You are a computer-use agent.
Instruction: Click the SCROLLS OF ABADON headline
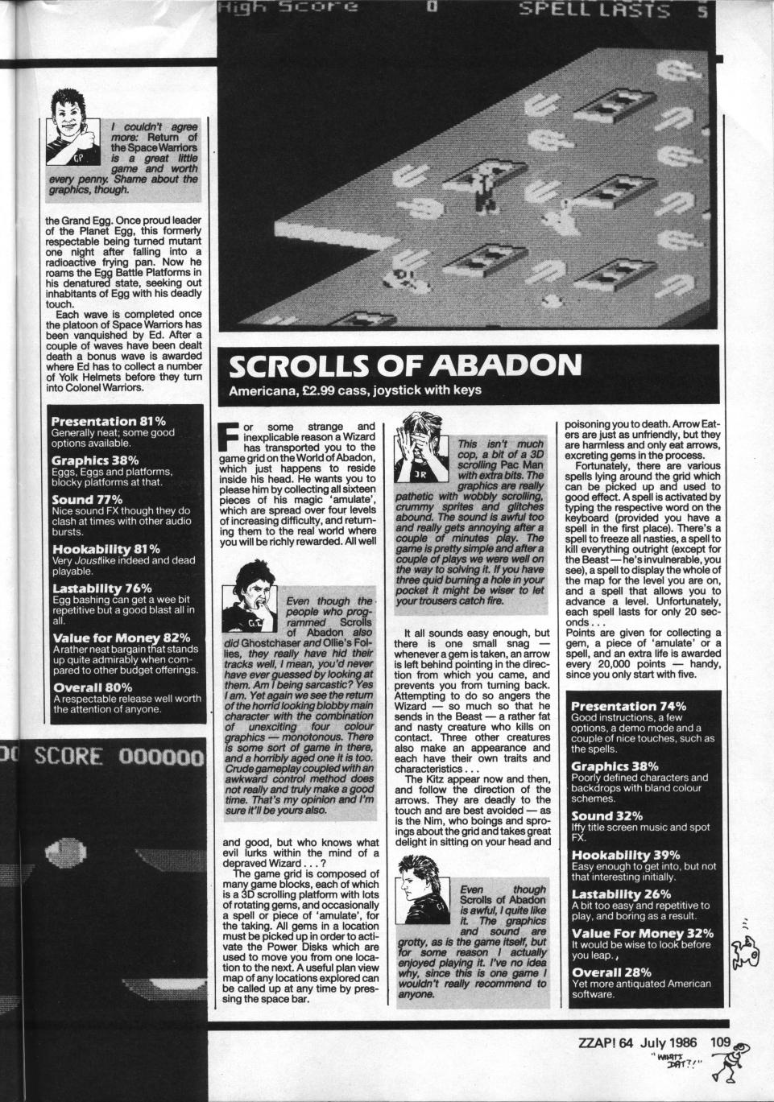click(x=404, y=365)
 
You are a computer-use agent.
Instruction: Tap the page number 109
click(x=720, y=1042)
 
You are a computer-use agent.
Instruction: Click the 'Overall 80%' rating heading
click(x=92, y=687)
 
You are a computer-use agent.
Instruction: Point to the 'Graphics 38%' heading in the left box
click(x=94, y=460)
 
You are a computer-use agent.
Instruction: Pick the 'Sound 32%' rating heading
click(x=606, y=815)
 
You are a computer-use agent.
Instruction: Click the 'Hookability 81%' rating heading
click(x=105, y=549)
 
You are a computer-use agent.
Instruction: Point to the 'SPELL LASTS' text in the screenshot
click(x=594, y=10)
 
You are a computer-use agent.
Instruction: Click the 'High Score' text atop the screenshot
click(x=287, y=8)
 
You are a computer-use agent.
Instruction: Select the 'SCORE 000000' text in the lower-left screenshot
click(x=119, y=757)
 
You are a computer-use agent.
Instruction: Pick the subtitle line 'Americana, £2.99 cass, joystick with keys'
click(x=355, y=391)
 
